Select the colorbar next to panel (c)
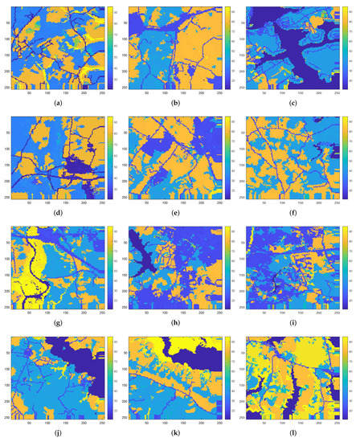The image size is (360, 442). [346, 48]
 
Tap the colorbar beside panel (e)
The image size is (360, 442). [228, 158]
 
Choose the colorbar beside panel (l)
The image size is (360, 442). [346, 379]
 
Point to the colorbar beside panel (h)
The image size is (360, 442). [228, 268]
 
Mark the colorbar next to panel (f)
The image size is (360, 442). [346, 158]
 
